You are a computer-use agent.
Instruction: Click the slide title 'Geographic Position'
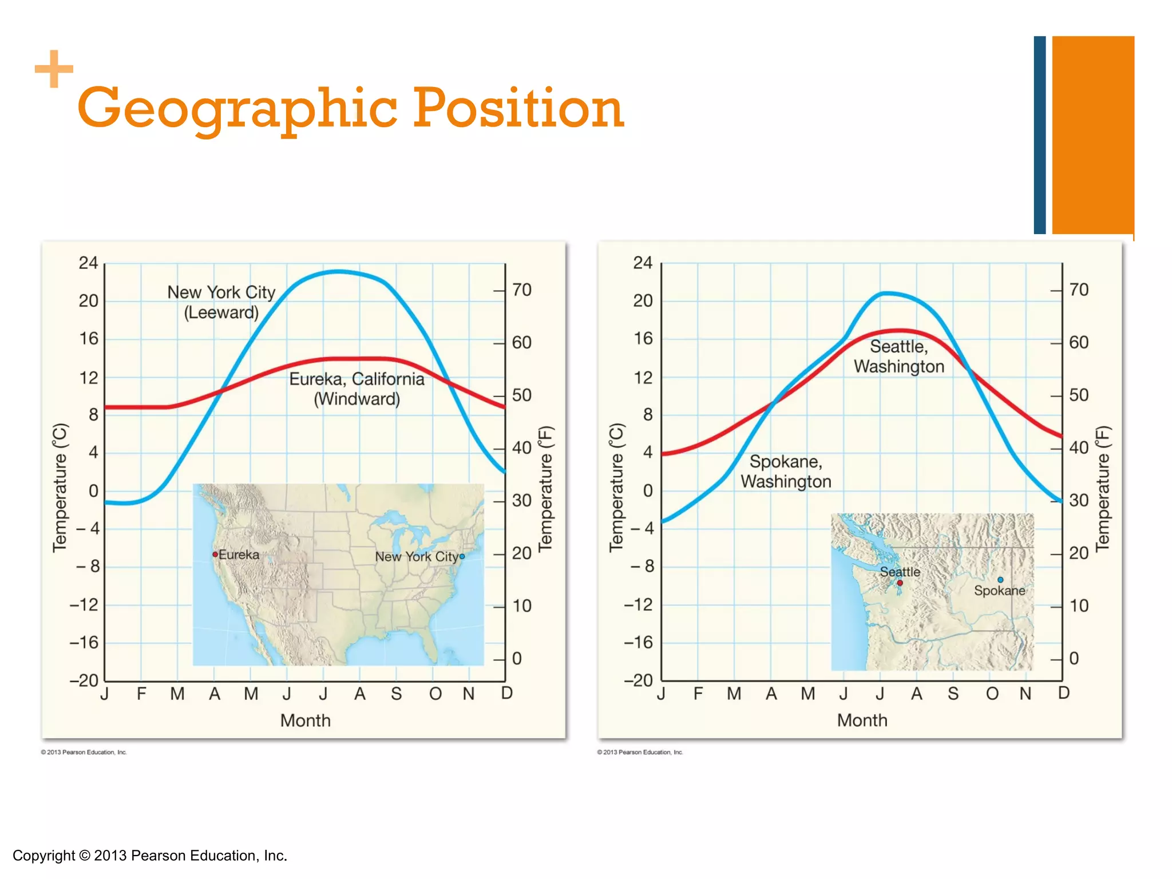[x=350, y=108]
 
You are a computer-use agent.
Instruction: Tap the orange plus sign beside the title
[x=54, y=69]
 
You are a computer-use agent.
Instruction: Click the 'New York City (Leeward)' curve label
[x=221, y=302]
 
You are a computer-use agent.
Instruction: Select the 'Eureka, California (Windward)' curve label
[x=357, y=389]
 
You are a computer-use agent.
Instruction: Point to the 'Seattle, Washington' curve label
[x=899, y=356]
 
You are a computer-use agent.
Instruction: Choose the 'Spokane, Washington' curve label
[x=786, y=472]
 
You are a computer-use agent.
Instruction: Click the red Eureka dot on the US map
[x=215, y=555]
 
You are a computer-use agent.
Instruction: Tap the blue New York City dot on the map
[x=462, y=556]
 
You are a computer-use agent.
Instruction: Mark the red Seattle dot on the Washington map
[x=900, y=583]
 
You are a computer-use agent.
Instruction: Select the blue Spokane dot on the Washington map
[x=1000, y=580]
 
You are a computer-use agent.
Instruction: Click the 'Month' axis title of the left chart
[x=306, y=720]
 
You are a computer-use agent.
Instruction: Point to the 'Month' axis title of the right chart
[x=862, y=720]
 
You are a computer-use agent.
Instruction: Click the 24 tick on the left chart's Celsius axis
[x=89, y=263]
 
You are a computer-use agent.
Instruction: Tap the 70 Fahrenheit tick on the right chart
[x=1079, y=290]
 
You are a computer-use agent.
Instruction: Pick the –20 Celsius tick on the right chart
[x=639, y=680]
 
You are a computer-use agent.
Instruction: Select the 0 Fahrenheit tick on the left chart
[x=517, y=659]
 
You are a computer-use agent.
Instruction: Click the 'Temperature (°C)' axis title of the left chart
[x=60, y=488]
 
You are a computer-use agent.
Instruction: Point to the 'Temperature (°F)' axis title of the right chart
[x=1103, y=488]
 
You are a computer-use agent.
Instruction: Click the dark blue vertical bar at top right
[x=1039, y=135]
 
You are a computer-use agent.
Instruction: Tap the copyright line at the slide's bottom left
[x=150, y=856]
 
